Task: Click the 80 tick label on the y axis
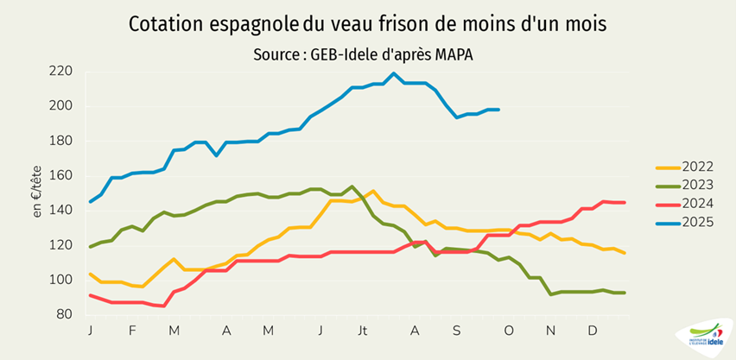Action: [63, 314]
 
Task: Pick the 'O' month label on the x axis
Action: [508, 331]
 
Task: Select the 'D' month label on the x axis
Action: [592, 331]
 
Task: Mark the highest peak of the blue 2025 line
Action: [394, 73]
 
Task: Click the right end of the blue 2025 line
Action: [498, 110]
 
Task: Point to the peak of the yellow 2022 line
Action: [372, 191]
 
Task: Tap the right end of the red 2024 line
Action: [624, 202]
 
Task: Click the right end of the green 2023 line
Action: [624, 293]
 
